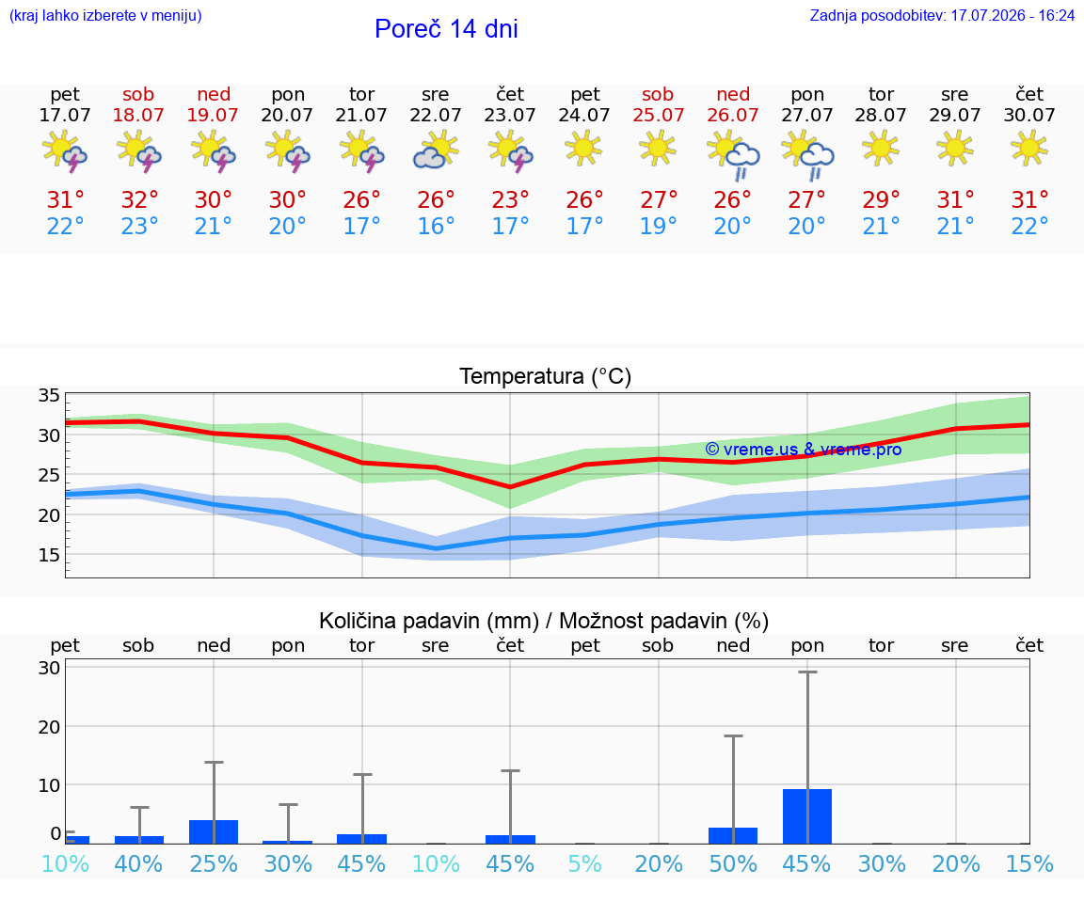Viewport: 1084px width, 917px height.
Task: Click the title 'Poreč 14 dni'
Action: [446, 29]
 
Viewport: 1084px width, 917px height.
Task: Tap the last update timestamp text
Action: [942, 15]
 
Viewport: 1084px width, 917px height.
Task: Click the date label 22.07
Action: [435, 115]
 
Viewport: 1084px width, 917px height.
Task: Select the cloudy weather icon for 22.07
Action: [436, 150]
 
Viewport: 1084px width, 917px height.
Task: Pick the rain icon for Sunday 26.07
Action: [734, 156]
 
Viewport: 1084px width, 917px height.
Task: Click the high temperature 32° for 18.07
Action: [139, 199]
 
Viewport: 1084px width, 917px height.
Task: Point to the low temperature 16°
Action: [436, 226]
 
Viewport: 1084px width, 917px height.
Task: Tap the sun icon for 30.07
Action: [1029, 148]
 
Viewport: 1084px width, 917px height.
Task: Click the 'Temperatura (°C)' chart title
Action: [546, 376]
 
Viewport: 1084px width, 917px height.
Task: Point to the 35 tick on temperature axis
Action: [49, 395]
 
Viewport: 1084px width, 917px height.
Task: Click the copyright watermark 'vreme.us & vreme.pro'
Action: [804, 450]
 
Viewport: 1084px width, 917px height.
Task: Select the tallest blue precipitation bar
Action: [807, 816]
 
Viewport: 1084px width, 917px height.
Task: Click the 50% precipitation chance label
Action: [733, 863]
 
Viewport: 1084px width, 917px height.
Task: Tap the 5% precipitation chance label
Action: [585, 863]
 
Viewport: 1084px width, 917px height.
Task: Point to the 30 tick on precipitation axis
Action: [49, 668]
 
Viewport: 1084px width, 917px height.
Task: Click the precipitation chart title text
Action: [544, 621]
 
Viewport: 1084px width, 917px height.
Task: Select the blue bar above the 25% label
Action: [214, 832]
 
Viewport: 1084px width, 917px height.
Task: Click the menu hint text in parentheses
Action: [105, 15]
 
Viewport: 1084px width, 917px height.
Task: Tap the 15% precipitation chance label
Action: [1029, 863]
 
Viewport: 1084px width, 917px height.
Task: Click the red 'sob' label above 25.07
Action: [658, 94]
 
